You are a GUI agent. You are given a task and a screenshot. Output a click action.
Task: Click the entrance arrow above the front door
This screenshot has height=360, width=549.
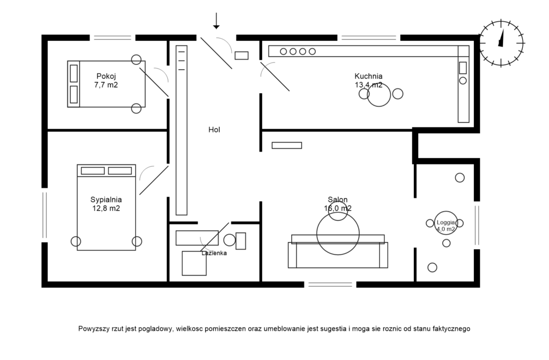pyautogui.click(x=216, y=21)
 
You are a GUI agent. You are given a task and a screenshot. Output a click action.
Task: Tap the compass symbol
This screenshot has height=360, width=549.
pyautogui.click(x=501, y=43)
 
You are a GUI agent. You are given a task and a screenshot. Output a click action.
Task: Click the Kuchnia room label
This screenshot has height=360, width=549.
pyautogui.click(x=368, y=76)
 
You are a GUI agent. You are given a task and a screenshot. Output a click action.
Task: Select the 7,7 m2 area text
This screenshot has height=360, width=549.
pyautogui.click(x=106, y=85)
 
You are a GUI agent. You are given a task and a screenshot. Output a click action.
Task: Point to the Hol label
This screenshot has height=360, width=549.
pyautogui.click(x=214, y=130)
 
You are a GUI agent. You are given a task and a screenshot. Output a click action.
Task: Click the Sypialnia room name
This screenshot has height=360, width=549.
pyautogui.click(x=106, y=200)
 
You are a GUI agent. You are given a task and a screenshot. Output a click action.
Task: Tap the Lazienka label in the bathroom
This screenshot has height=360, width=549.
pyautogui.click(x=214, y=253)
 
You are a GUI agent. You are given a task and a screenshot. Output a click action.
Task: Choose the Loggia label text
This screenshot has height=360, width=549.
pyautogui.click(x=446, y=222)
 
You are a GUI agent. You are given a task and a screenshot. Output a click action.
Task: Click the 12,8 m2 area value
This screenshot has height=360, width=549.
pyautogui.click(x=106, y=208)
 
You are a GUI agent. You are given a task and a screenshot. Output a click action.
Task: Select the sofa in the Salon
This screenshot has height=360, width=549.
pyautogui.click(x=338, y=255)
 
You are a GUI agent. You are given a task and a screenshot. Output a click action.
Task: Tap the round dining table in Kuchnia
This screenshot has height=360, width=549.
pyautogui.click(x=379, y=95)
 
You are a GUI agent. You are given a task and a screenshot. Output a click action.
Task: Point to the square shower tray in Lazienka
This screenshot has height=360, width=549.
pyautogui.click(x=194, y=263)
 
